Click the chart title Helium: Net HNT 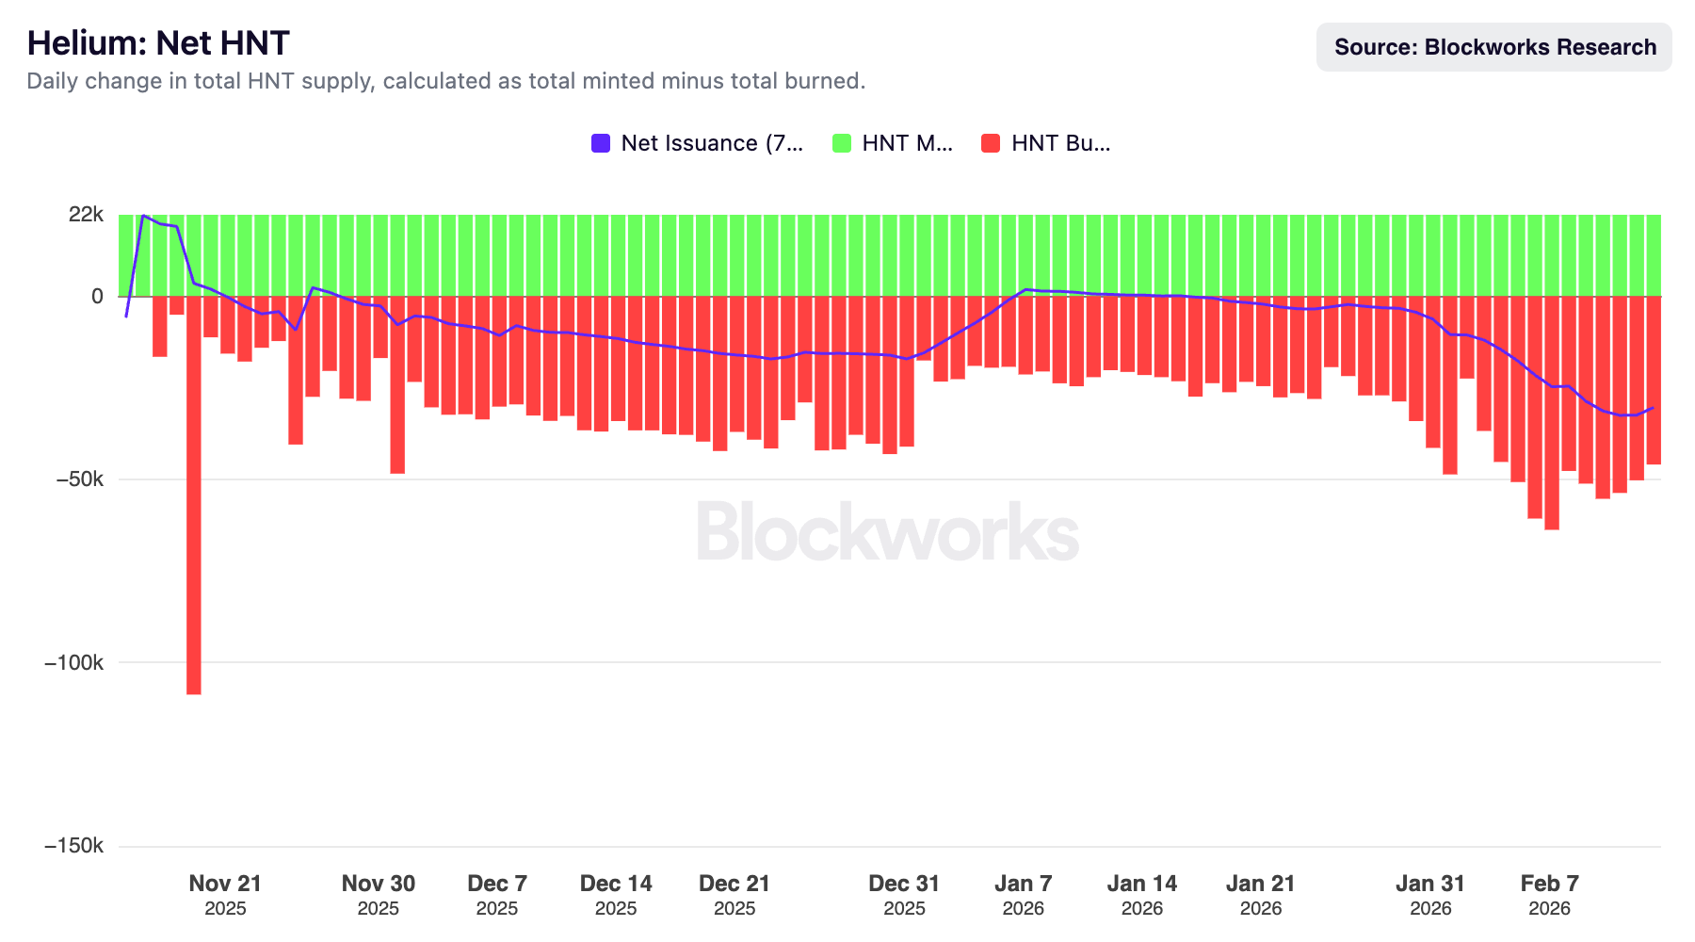click(158, 43)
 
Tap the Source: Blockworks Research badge click(1493, 47)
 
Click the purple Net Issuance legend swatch click(601, 143)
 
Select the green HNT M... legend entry click(894, 143)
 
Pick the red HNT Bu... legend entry click(1046, 143)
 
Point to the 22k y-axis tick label click(86, 215)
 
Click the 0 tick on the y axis click(97, 296)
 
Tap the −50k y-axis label click(79, 479)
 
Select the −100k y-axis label click(74, 662)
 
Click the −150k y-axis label click(74, 846)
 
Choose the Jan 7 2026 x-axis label click(1023, 894)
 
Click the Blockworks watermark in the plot click(887, 532)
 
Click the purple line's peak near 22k click(143, 217)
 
